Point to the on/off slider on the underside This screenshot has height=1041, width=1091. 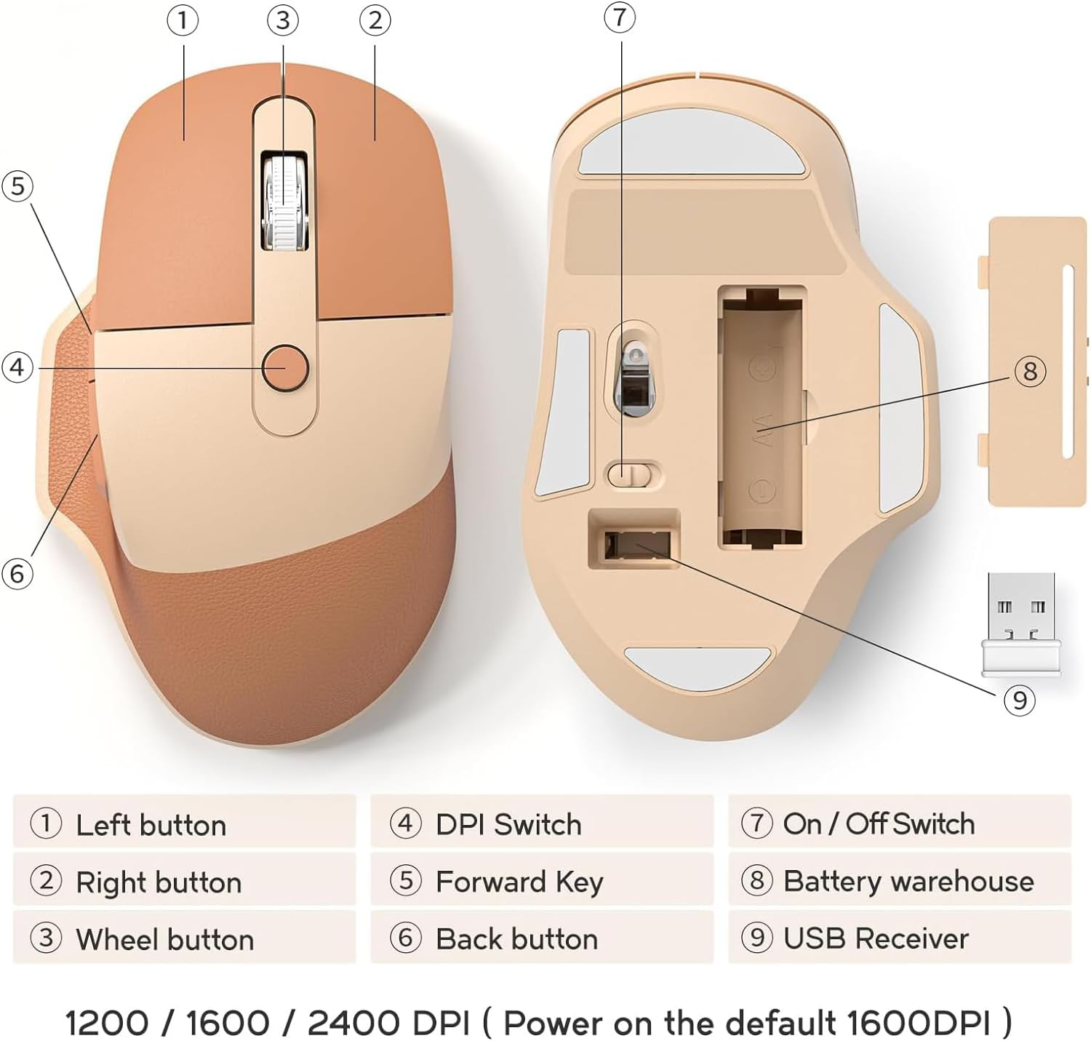(x=632, y=475)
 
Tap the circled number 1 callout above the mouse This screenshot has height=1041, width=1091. (x=183, y=20)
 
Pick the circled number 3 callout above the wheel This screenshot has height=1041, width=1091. (x=283, y=20)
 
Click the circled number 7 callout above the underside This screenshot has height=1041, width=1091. (x=620, y=17)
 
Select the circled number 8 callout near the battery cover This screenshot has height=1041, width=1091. (x=1030, y=372)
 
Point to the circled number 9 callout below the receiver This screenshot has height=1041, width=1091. (x=1019, y=700)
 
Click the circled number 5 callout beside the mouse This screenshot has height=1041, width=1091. (x=17, y=186)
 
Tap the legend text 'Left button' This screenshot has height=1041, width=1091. (x=151, y=825)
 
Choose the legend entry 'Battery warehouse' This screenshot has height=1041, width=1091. (x=908, y=881)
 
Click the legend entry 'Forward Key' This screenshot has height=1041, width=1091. (x=519, y=882)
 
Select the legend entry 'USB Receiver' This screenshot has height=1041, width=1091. (x=876, y=938)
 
